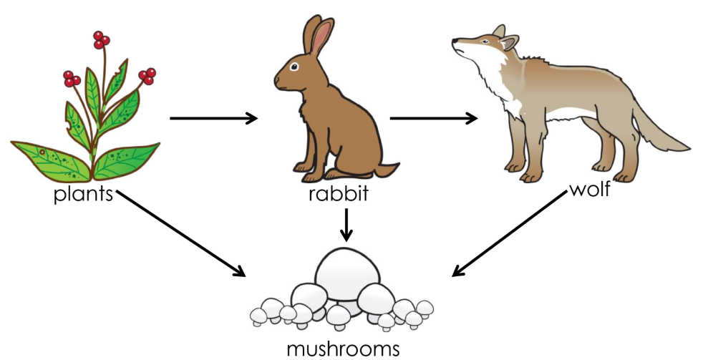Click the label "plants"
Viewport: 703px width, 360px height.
point(83,194)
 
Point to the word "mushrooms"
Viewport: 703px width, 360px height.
point(343,349)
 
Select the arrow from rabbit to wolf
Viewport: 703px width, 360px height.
point(433,118)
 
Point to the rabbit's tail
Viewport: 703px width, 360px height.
point(387,170)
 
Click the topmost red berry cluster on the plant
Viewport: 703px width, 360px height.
point(101,39)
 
